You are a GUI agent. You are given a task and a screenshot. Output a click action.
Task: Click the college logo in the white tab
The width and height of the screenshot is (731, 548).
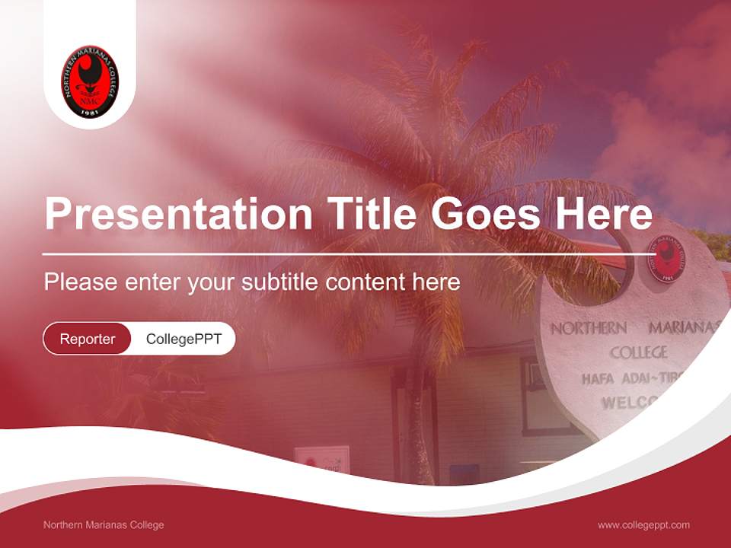coord(90,81)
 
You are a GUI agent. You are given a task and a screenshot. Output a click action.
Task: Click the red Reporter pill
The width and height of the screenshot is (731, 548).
coord(88,339)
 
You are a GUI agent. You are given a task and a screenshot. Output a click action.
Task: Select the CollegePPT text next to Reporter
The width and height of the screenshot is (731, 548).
coord(184,339)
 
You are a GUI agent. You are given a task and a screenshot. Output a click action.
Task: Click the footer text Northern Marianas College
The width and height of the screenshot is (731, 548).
coord(104,524)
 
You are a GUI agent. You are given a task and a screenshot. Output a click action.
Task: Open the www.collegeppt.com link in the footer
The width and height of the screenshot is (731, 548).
coord(643,524)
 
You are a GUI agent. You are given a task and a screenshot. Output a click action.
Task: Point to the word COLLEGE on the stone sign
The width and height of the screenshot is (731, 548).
coord(638,352)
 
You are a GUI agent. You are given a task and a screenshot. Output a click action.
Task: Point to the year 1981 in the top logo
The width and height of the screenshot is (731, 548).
coord(90,110)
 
